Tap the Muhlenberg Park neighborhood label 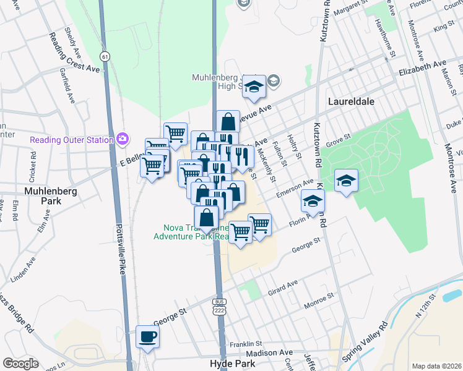coord(51,197)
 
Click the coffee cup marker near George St coord(148,337)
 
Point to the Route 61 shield coord(106,56)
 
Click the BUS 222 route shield coord(219,307)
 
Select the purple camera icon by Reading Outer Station coord(123,139)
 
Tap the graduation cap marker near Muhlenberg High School coord(254,87)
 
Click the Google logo coord(20,364)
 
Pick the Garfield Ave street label coord(69,90)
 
